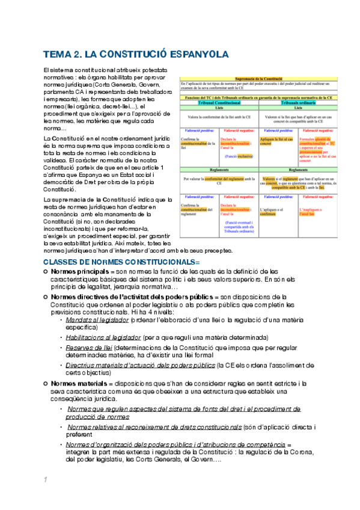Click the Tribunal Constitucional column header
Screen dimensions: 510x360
pos(219,102)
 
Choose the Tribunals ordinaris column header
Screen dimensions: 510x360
pos(297,102)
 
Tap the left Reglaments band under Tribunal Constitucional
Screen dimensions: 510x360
pos(219,171)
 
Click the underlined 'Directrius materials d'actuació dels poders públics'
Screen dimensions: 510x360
pos(139,364)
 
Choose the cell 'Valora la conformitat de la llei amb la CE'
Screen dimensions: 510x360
pos(219,117)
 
